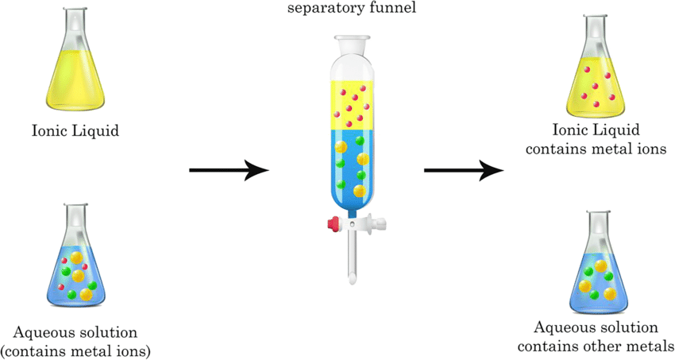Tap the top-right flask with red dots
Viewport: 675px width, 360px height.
click(597, 83)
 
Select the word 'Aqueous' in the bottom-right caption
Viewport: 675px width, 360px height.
click(564, 327)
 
